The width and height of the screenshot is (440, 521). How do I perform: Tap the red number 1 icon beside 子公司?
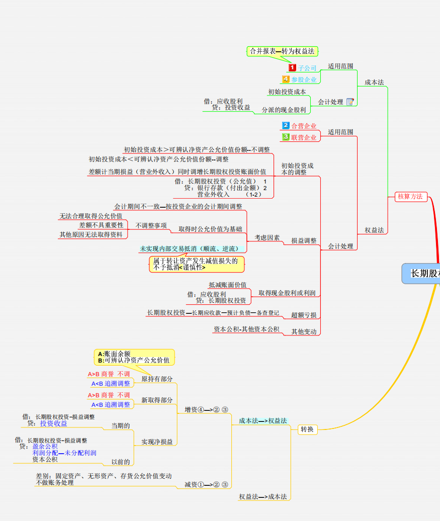pyautogui.click(x=292, y=67)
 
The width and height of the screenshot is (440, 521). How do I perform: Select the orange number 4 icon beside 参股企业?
pyautogui.click(x=286, y=79)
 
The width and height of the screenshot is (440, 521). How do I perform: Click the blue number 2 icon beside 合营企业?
pyautogui.click(x=286, y=126)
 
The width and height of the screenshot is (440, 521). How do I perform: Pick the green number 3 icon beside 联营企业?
pyautogui.click(x=286, y=137)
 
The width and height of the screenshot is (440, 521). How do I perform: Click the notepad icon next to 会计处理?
pyautogui.click(x=350, y=102)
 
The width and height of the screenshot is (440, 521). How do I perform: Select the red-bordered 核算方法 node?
pyautogui.click(x=410, y=197)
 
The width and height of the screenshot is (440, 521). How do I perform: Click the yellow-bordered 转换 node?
pyautogui.click(x=307, y=429)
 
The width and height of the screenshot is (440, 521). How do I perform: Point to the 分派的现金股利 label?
pyautogui.click(x=284, y=110)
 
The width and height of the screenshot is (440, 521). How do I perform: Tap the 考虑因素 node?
pyautogui.click(x=267, y=237)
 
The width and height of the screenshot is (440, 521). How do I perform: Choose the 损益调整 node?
pyautogui.click(x=304, y=241)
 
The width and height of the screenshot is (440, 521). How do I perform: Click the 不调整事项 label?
pyautogui.click(x=151, y=225)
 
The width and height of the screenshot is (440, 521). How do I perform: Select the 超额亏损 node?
pyautogui.click(x=304, y=315)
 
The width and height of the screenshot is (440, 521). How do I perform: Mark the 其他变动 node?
pyautogui.click(x=304, y=331)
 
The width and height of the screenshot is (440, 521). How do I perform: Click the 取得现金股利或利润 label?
pyautogui.click(x=287, y=293)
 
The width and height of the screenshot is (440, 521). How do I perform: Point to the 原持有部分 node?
pyautogui.click(x=157, y=379)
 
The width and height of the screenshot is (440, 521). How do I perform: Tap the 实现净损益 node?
pyautogui.click(x=157, y=442)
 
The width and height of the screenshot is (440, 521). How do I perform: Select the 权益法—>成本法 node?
pyautogui.click(x=262, y=496)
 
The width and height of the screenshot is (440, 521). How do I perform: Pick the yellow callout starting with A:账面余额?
pyautogui.click(x=134, y=357)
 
